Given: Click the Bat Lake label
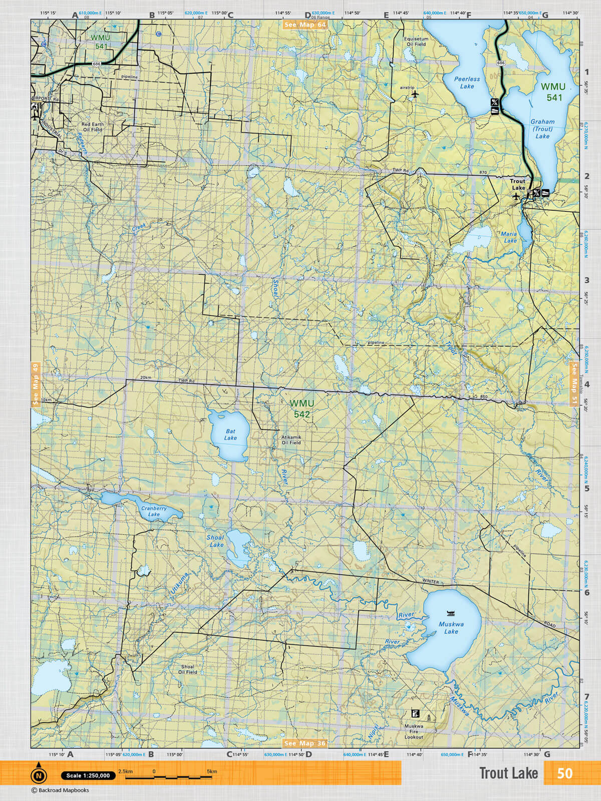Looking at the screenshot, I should click(x=230, y=435).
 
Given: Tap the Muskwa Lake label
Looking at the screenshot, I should click(x=451, y=628).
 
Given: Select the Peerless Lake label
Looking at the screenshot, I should click(x=467, y=83).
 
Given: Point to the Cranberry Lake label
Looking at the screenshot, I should click(x=154, y=511).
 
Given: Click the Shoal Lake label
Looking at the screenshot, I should click(x=215, y=541).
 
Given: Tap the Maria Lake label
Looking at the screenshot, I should click(x=509, y=237).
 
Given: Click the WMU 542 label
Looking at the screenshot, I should click(x=302, y=409).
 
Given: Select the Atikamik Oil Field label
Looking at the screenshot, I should click(x=291, y=440).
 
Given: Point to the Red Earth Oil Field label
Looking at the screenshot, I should click(x=92, y=127).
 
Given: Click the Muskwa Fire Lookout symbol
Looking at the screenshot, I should click(x=415, y=713).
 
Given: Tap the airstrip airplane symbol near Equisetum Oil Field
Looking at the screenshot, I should click(x=415, y=94).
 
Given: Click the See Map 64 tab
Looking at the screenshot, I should click(x=305, y=25).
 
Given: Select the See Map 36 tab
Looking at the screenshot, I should click(x=305, y=743).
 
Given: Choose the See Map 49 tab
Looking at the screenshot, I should click(x=35, y=384).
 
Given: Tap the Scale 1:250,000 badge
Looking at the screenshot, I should click(x=88, y=775).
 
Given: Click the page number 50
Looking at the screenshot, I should click(x=564, y=773).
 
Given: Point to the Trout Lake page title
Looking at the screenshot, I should click(x=508, y=773).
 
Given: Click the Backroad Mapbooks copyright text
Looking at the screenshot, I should click(x=60, y=790).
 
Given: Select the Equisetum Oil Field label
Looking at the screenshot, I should click(x=416, y=41).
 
